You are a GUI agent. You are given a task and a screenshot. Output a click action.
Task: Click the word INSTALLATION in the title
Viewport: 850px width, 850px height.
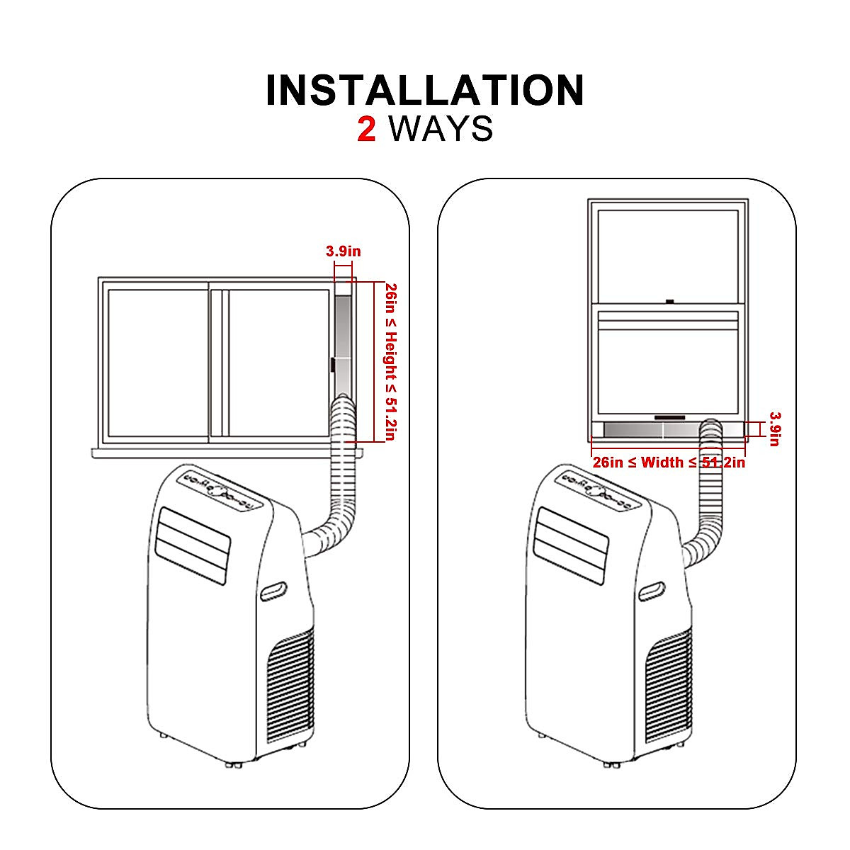pyautogui.click(x=425, y=91)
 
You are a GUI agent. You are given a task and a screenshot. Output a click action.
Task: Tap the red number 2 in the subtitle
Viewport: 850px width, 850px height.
pyautogui.click(x=367, y=130)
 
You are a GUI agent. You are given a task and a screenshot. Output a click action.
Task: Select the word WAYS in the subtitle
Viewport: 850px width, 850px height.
pyautogui.click(x=441, y=130)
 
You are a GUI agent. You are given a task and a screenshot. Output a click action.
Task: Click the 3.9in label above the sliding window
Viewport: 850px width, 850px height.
pyautogui.click(x=343, y=251)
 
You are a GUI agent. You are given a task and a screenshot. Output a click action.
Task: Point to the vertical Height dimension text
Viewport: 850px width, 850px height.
pyautogui.click(x=390, y=361)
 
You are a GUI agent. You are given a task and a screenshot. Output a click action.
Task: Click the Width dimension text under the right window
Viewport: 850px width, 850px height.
pyautogui.click(x=669, y=463)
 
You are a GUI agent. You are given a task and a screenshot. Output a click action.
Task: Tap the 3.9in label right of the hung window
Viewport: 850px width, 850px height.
pyautogui.click(x=774, y=429)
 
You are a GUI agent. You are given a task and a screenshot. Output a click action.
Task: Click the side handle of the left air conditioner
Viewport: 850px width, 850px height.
pyautogui.click(x=273, y=590)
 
